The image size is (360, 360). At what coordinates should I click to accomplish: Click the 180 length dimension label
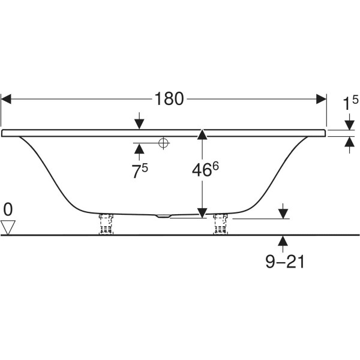[169, 99]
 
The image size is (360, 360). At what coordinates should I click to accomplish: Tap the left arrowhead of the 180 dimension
[6, 99]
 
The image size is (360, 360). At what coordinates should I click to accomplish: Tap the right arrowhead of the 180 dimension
[321, 99]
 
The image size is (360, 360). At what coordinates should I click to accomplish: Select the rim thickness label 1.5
[350, 103]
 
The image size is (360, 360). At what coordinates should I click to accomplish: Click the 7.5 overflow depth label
[140, 171]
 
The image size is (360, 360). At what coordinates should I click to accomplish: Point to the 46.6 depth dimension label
[205, 169]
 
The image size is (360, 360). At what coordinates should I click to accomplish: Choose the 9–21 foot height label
[285, 262]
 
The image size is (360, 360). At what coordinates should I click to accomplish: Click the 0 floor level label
[8, 209]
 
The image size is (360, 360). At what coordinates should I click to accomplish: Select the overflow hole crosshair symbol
[163, 143]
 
